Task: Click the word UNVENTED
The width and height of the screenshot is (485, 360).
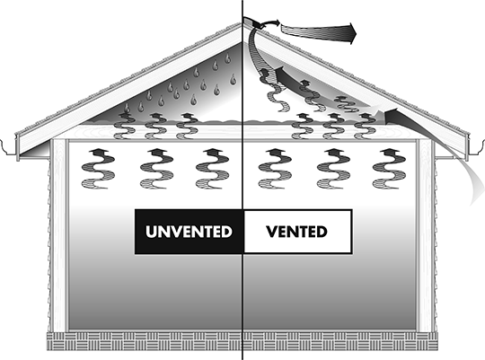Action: (x=189, y=232)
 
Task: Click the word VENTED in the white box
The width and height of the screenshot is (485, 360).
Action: (x=296, y=232)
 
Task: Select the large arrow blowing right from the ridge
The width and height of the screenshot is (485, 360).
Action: (x=319, y=32)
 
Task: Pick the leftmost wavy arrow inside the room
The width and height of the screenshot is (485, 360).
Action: (x=98, y=169)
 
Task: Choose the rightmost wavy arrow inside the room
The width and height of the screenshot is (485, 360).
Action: (x=389, y=169)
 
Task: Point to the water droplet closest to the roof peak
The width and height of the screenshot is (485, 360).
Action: (x=227, y=57)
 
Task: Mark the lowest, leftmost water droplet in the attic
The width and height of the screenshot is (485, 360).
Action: (x=127, y=108)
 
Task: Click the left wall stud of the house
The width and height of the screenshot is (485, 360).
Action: (x=59, y=235)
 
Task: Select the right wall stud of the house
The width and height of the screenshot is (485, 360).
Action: (x=424, y=235)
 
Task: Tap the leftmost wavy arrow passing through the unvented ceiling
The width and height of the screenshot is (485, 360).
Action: (x=125, y=126)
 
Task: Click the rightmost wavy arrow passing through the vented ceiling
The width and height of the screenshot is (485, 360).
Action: (x=365, y=126)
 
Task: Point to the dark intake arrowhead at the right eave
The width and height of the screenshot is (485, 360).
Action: (x=392, y=115)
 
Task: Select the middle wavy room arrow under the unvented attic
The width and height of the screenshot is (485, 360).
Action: (x=156, y=169)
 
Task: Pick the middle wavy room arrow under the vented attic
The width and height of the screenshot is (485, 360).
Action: (x=334, y=169)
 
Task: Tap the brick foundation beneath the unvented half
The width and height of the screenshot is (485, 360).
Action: (x=144, y=341)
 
